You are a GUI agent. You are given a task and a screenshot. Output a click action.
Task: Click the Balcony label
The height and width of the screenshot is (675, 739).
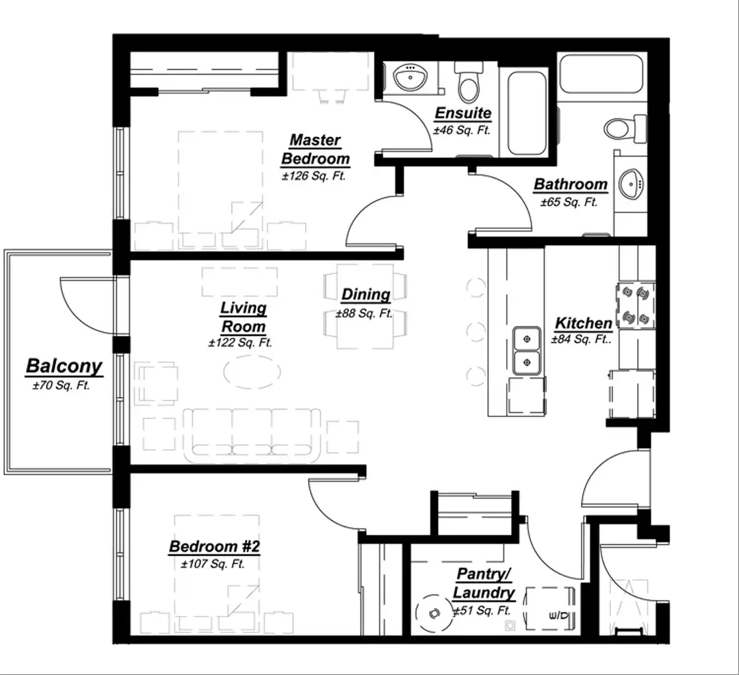coord(64,366)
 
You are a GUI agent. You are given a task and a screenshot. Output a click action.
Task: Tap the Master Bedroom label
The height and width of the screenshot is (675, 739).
coord(315,149)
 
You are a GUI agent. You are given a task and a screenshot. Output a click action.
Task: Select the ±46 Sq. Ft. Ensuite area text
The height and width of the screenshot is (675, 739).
coord(462,130)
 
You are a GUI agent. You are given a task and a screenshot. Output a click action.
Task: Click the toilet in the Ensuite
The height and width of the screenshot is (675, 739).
coord(469,82)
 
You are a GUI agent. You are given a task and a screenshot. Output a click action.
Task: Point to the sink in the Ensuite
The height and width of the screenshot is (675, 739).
coord(410,77)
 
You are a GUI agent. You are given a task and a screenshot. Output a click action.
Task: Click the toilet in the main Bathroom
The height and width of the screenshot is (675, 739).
coord(625,128)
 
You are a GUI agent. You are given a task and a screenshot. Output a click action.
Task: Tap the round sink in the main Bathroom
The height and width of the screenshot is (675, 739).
coord(631,184)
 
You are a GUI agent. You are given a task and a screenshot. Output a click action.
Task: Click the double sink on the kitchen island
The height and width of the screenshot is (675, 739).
coord(527,351)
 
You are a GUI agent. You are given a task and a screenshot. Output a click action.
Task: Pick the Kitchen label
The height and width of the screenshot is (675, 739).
coord(584,323)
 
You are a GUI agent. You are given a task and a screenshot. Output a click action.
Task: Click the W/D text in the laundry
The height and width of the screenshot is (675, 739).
coord(560,615)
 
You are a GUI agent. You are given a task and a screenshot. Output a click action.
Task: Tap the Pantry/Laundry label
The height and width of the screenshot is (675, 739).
coord(484,583)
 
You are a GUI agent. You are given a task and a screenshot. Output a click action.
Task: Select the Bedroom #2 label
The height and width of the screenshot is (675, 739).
coord(214,547)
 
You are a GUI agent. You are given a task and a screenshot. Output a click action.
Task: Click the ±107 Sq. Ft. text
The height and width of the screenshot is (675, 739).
coord(213,564)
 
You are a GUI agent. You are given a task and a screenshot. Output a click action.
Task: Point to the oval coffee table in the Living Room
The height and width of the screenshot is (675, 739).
coord(252,372)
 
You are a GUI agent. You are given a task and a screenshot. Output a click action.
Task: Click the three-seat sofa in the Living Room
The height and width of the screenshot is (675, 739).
coord(252,435)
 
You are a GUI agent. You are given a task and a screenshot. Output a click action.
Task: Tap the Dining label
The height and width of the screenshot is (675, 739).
coord(365,294)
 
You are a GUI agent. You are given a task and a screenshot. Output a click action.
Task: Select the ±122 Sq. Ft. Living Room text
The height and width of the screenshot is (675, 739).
coord(240,343)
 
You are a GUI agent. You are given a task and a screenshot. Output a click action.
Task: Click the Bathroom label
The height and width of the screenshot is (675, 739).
coord(571,184)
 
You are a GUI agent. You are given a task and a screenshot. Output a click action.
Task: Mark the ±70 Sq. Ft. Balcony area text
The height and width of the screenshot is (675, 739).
coord(62,385)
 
